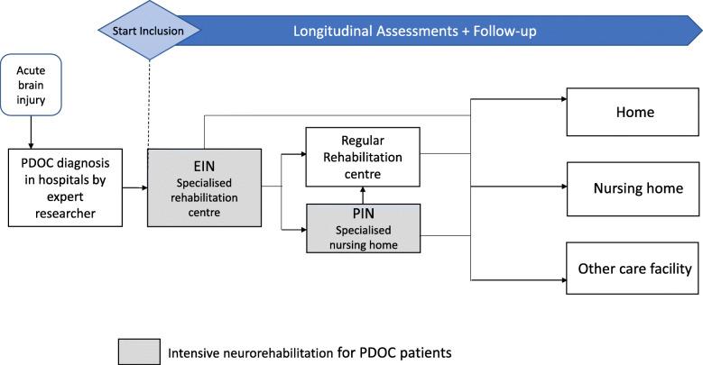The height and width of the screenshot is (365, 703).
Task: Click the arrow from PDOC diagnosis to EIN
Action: click(134, 188)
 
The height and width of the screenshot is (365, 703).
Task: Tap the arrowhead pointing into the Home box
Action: click(560, 114)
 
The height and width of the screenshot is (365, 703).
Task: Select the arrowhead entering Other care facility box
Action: click(560, 268)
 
